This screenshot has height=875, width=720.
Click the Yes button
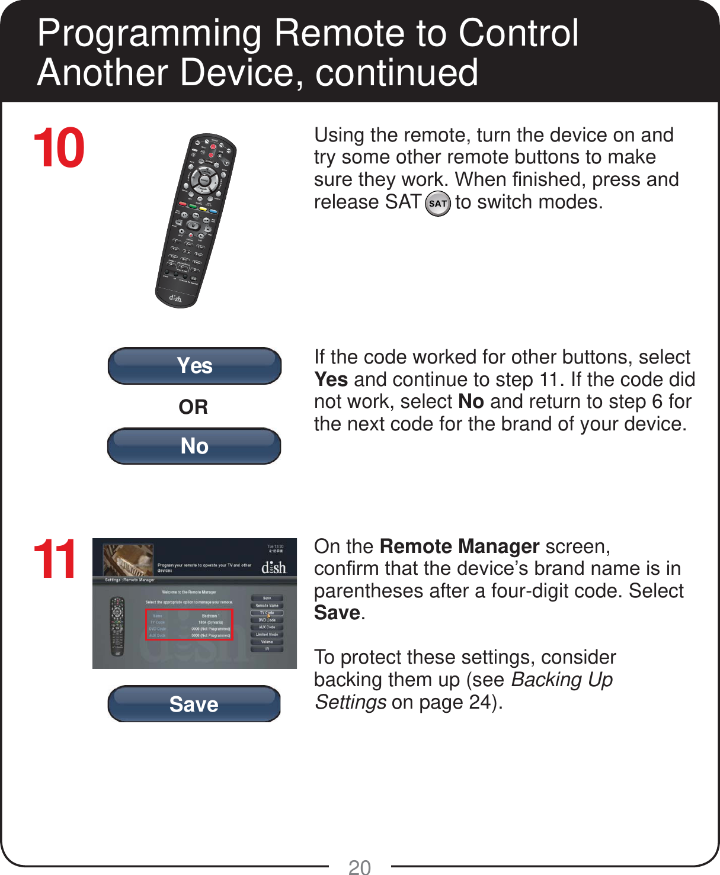[194, 366]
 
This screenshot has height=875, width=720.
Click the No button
[194, 446]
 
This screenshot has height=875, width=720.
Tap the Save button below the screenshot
[194, 704]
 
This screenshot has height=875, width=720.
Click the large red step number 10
[59, 148]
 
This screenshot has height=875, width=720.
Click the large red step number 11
[55, 559]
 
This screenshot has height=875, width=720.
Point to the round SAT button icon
[438, 203]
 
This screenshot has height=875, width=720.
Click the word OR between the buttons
[193, 407]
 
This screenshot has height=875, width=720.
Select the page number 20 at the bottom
[359, 867]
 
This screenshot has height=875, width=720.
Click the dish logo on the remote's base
[175, 298]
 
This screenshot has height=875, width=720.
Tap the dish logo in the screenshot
[274, 567]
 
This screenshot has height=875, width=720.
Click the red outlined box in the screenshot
[190, 625]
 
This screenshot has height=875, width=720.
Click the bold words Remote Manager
[459, 546]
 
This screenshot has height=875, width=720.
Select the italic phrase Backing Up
[562, 680]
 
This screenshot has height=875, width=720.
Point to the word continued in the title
[396, 72]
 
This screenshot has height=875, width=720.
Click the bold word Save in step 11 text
[337, 613]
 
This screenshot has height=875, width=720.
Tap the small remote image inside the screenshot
[117, 625]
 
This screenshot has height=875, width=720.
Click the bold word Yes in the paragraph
[331, 379]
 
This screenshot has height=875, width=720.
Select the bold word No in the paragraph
[471, 402]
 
